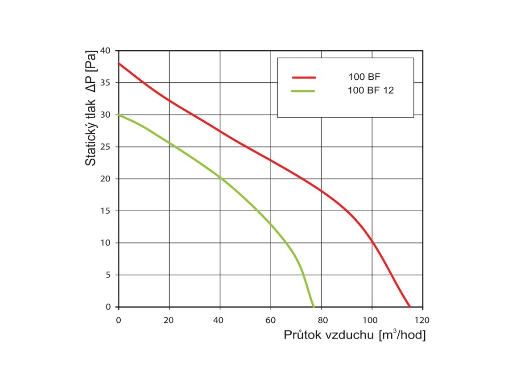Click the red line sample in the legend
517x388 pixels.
coord(304,77)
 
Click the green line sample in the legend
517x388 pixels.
coord(304,91)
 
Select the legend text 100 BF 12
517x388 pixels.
coord(371,91)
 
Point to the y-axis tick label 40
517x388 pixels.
coord(105,51)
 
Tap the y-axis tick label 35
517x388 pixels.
coord(105,82)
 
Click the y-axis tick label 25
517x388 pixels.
coord(105,147)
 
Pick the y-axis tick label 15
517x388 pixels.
coord(105,211)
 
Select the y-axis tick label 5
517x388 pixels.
coord(108,275)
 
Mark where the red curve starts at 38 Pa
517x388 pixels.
coord(119,64)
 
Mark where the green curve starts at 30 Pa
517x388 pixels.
coord(119,115)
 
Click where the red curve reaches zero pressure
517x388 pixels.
coord(410,307)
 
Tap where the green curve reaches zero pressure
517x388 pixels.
coord(314,307)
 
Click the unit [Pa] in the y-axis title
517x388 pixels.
coord(91,62)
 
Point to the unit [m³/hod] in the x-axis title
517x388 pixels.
coord(402,335)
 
